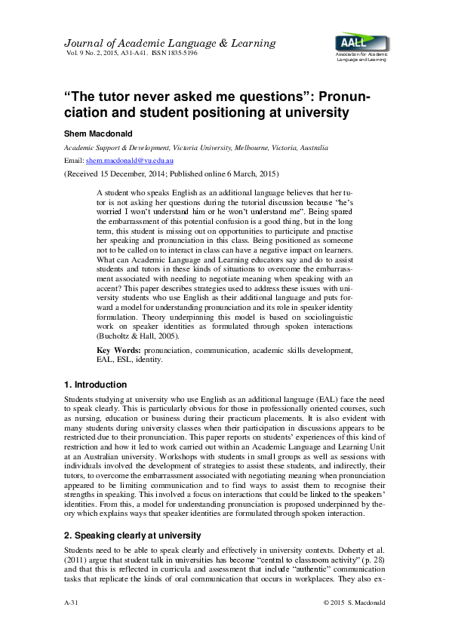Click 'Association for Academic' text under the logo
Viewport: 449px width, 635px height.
pyautogui.click(x=360, y=55)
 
